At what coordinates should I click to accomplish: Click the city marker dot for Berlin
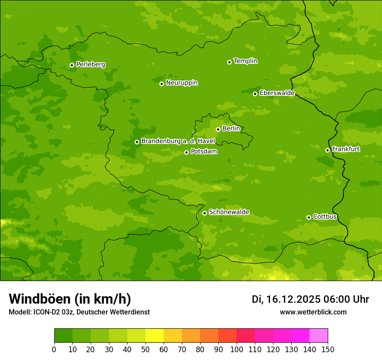218,129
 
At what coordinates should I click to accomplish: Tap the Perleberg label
91,65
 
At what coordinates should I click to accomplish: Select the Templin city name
246,61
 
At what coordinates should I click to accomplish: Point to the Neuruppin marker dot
161,84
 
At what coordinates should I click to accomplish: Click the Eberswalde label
277,93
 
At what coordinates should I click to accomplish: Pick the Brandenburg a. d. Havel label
178,141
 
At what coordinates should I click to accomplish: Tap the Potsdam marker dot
186,152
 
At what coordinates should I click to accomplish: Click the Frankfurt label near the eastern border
346,149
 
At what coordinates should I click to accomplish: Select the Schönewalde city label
229,213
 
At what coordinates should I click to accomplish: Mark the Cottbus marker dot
309,217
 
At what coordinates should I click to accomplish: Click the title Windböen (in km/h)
70,299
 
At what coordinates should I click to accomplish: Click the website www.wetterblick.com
313,312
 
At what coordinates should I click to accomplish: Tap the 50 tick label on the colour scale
145,350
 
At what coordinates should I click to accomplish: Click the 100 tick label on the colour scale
237,350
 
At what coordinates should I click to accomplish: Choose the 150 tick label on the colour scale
328,350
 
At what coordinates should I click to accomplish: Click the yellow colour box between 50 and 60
155,336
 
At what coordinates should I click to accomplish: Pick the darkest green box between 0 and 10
63,336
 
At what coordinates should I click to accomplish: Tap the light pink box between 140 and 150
319,336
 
